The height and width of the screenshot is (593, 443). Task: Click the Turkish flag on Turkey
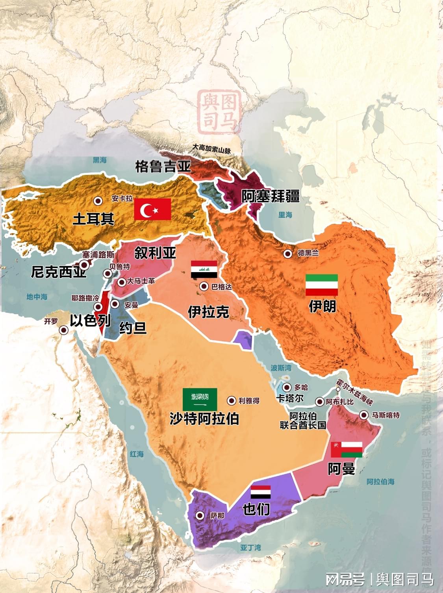tap(152, 209)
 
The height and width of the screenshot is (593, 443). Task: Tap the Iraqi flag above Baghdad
tap(204, 269)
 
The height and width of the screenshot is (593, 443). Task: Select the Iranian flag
tap(322, 285)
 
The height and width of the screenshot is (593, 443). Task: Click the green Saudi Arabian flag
tap(200, 399)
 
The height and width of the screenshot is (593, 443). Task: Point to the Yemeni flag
tap(261, 493)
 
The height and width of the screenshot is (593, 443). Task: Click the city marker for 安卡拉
tap(98, 201)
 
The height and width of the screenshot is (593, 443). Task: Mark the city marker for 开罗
tap(63, 330)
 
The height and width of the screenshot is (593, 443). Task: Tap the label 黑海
tap(100, 160)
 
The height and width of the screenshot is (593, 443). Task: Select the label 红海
tap(137, 454)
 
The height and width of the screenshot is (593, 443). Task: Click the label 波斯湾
tap(281, 368)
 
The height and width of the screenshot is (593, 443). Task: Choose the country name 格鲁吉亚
tap(163, 167)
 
